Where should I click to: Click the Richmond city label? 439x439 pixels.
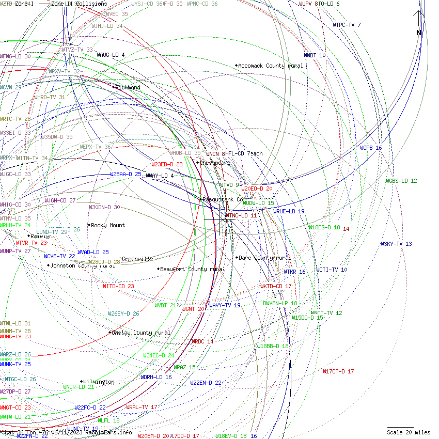tap(128, 88)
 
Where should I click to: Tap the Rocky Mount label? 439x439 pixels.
tap(108, 226)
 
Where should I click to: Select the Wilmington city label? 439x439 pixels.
tap(98, 382)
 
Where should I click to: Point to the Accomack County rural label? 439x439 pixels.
tap(271, 66)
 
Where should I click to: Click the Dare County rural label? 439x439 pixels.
tap(265, 258)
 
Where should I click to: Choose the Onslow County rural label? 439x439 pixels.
tap(141, 333)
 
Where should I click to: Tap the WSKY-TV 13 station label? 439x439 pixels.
tap(396, 244)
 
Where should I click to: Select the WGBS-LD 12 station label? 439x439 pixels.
tap(401, 181)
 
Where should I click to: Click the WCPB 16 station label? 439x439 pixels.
tap(371, 148)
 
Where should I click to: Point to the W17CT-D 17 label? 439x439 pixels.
tap(338, 372)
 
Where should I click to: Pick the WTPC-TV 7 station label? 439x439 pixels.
tap(347, 25)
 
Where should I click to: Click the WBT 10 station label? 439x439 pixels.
tap(315, 55)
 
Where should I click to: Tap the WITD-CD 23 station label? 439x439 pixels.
tap(118, 286)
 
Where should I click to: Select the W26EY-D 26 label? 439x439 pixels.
tap(123, 313)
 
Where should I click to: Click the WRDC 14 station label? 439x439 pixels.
tap(202, 342)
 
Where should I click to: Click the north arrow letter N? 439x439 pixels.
tap(419, 33)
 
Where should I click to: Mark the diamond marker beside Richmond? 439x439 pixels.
tap(114, 87)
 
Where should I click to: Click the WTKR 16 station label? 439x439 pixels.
tap(294, 272)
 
